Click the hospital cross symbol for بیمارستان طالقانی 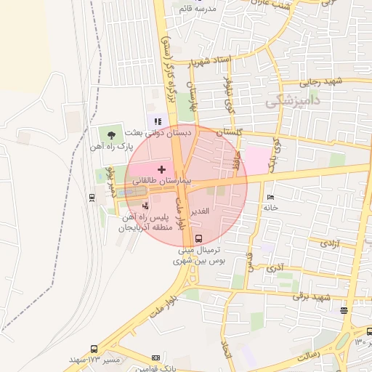tap(161, 169)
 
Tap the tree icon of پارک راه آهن tap(111, 134)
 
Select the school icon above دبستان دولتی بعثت tap(158, 121)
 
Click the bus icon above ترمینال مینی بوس tap(199, 238)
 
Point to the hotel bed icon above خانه tap(271, 197)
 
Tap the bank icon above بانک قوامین tap(155, 358)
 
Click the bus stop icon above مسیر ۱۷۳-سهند tap(93, 349)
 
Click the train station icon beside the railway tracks tap(92, 197)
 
